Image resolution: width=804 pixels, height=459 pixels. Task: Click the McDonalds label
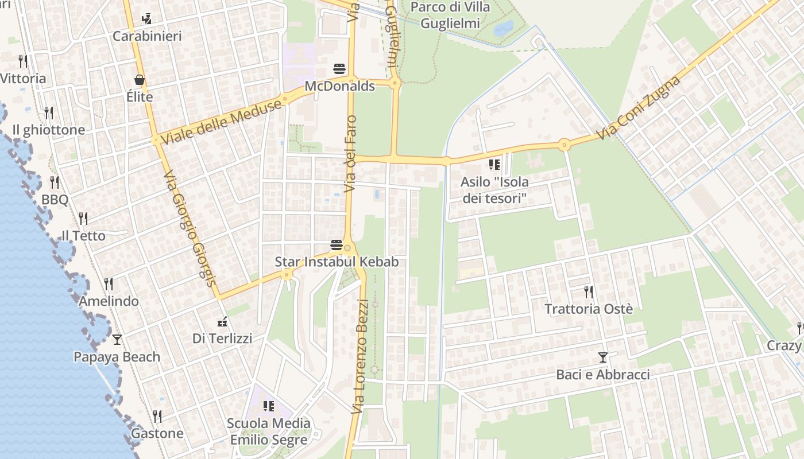pos(339,87)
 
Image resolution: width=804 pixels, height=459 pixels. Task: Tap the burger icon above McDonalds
pos(339,69)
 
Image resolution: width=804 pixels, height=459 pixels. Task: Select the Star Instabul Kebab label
pos(337,262)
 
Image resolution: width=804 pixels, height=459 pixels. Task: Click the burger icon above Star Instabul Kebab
pos(337,246)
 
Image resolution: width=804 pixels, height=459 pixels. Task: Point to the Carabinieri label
pos(147,36)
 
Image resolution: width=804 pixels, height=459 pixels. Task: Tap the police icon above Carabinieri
pos(147,18)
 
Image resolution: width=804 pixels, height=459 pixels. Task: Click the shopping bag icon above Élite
pos(140,80)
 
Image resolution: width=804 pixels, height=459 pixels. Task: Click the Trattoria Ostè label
pos(589,309)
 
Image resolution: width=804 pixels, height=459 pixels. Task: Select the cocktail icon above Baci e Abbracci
pos(602,357)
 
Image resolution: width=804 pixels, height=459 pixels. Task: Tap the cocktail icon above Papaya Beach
pos(117,340)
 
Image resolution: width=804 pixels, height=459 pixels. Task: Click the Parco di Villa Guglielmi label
pos(451,15)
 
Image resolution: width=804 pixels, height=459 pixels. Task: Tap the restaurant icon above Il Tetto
pos(83,219)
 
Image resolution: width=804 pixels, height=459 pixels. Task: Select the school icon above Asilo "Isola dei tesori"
pos(494,165)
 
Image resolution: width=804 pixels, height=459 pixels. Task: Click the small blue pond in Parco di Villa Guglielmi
pos(503,28)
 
